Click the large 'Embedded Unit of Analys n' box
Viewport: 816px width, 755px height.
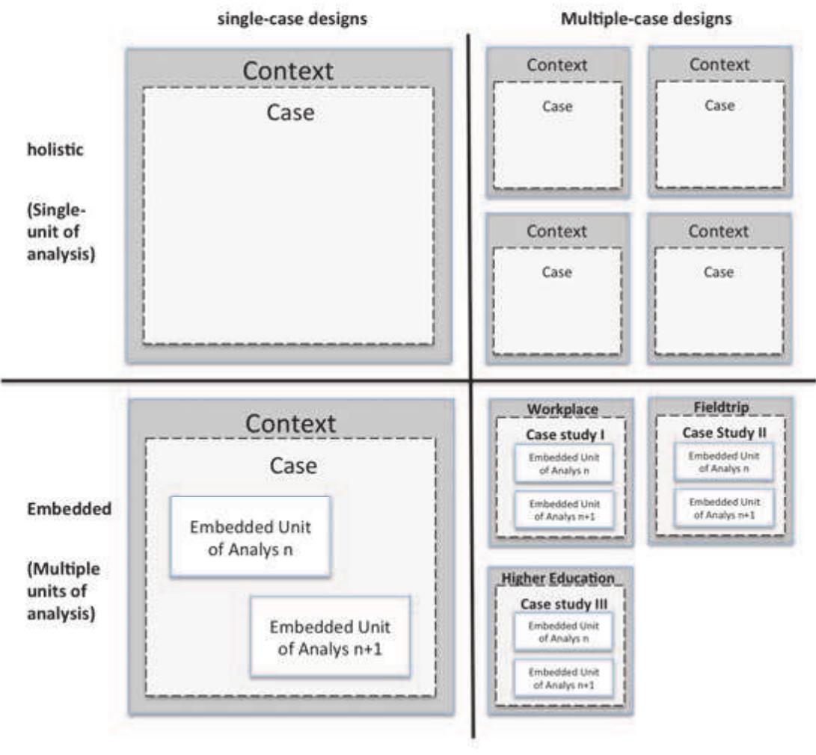point(250,537)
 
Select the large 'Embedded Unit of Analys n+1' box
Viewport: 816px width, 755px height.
point(330,636)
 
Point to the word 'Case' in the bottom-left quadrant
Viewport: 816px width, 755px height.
point(292,466)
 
